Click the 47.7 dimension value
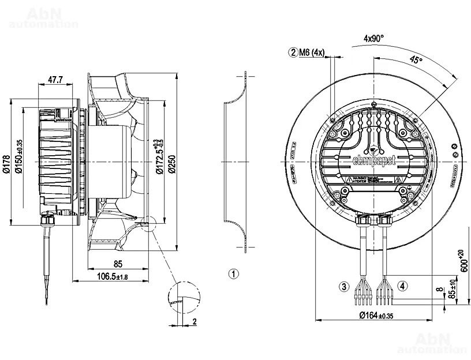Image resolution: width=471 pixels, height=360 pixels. [55, 80]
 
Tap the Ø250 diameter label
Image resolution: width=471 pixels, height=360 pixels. [171, 163]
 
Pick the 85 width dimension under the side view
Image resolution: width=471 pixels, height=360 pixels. [117, 265]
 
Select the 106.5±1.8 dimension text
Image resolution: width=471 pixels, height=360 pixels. [111, 277]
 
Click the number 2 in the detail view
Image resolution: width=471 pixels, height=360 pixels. [195, 322]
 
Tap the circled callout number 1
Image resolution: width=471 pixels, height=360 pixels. [233, 273]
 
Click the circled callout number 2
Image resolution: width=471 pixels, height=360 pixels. [294, 53]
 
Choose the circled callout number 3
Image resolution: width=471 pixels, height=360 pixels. [344, 286]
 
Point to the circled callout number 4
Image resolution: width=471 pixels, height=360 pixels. [402, 286]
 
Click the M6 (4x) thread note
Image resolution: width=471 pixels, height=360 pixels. [313, 53]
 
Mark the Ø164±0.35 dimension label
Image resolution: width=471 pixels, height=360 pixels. [375, 316]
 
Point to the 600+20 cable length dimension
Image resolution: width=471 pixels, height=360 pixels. [463, 261]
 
